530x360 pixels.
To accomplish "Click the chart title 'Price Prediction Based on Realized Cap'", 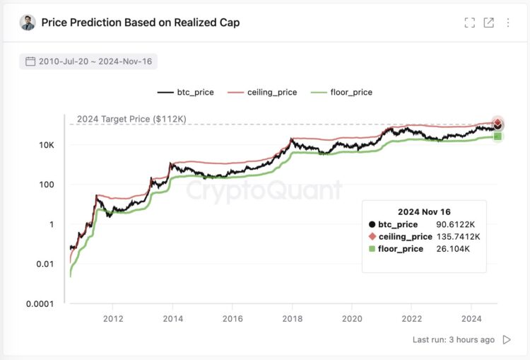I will tap(140, 23).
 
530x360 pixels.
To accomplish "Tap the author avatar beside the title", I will tap(28, 23).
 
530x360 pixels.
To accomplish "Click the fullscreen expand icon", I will tap(469, 23).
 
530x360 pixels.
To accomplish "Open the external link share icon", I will tap(488, 23).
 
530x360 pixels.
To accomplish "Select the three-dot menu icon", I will tap(507, 23).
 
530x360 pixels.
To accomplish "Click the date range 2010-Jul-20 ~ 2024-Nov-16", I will tap(88, 62).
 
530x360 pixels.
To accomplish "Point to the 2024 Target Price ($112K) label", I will tap(131, 119).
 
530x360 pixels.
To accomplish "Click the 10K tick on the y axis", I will tap(46, 145).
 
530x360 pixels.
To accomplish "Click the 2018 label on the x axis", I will tap(291, 318).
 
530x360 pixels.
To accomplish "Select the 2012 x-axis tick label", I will tap(112, 318).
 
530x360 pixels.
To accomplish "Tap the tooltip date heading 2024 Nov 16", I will tap(424, 211).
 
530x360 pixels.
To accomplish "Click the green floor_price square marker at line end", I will tap(497, 136).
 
